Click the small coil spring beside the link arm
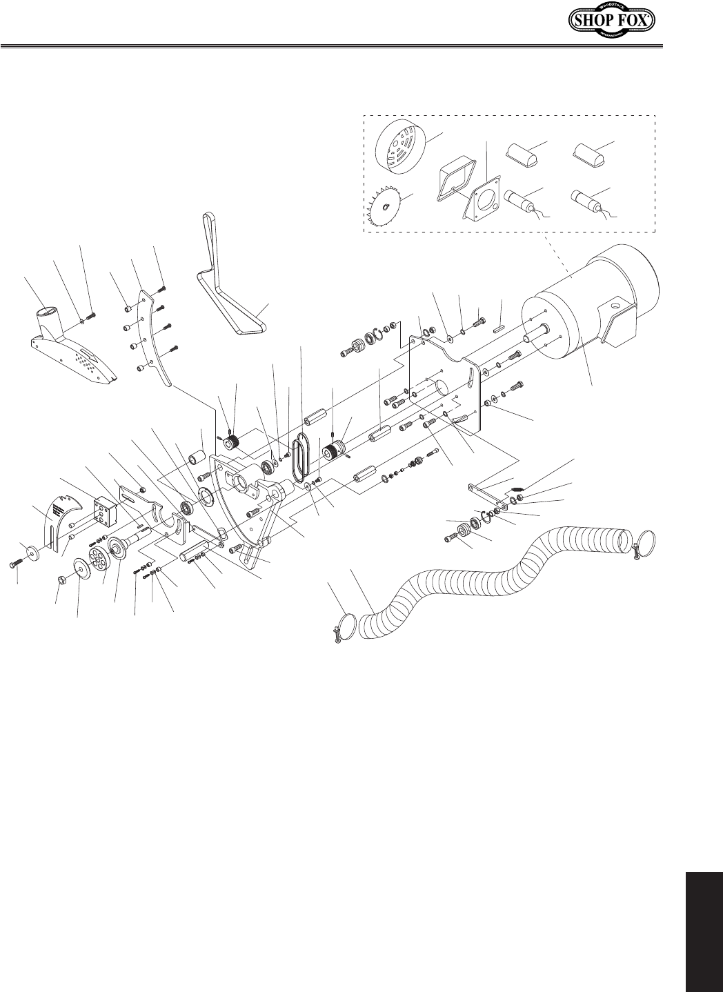pyautogui.click(x=515, y=488)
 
